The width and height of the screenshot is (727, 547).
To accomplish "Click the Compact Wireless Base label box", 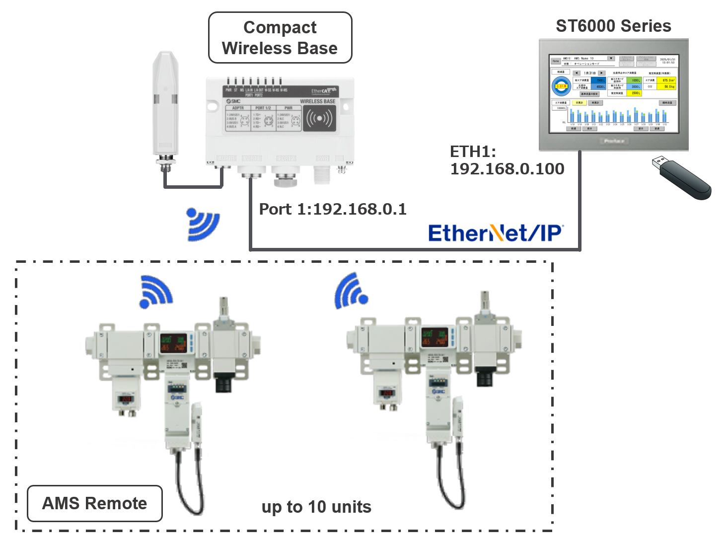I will (x=280, y=38).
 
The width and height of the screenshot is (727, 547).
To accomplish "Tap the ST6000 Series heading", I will (x=613, y=26).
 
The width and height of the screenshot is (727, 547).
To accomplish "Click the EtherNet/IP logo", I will (x=496, y=233).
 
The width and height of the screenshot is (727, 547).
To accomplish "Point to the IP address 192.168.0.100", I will (x=507, y=169).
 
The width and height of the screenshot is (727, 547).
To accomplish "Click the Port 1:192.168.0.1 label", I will (x=333, y=209).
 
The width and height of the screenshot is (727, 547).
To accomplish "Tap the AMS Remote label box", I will (x=95, y=503).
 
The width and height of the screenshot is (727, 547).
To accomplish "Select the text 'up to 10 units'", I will (x=316, y=507).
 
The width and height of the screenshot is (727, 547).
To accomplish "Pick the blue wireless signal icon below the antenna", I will (x=203, y=224).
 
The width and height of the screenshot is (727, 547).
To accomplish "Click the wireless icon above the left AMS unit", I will (x=156, y=291).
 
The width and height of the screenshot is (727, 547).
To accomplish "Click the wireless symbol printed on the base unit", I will (x=319, y=118).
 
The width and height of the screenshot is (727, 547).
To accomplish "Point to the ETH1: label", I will (x=473, y=151).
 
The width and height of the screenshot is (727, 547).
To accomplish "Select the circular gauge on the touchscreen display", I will (x=561, y=86).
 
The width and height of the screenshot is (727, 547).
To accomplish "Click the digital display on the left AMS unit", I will (x=173, y=342).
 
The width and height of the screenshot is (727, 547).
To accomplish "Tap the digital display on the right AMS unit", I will (x=434, y=336).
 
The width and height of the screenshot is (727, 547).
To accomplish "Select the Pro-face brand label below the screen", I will (x=614, y=141).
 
